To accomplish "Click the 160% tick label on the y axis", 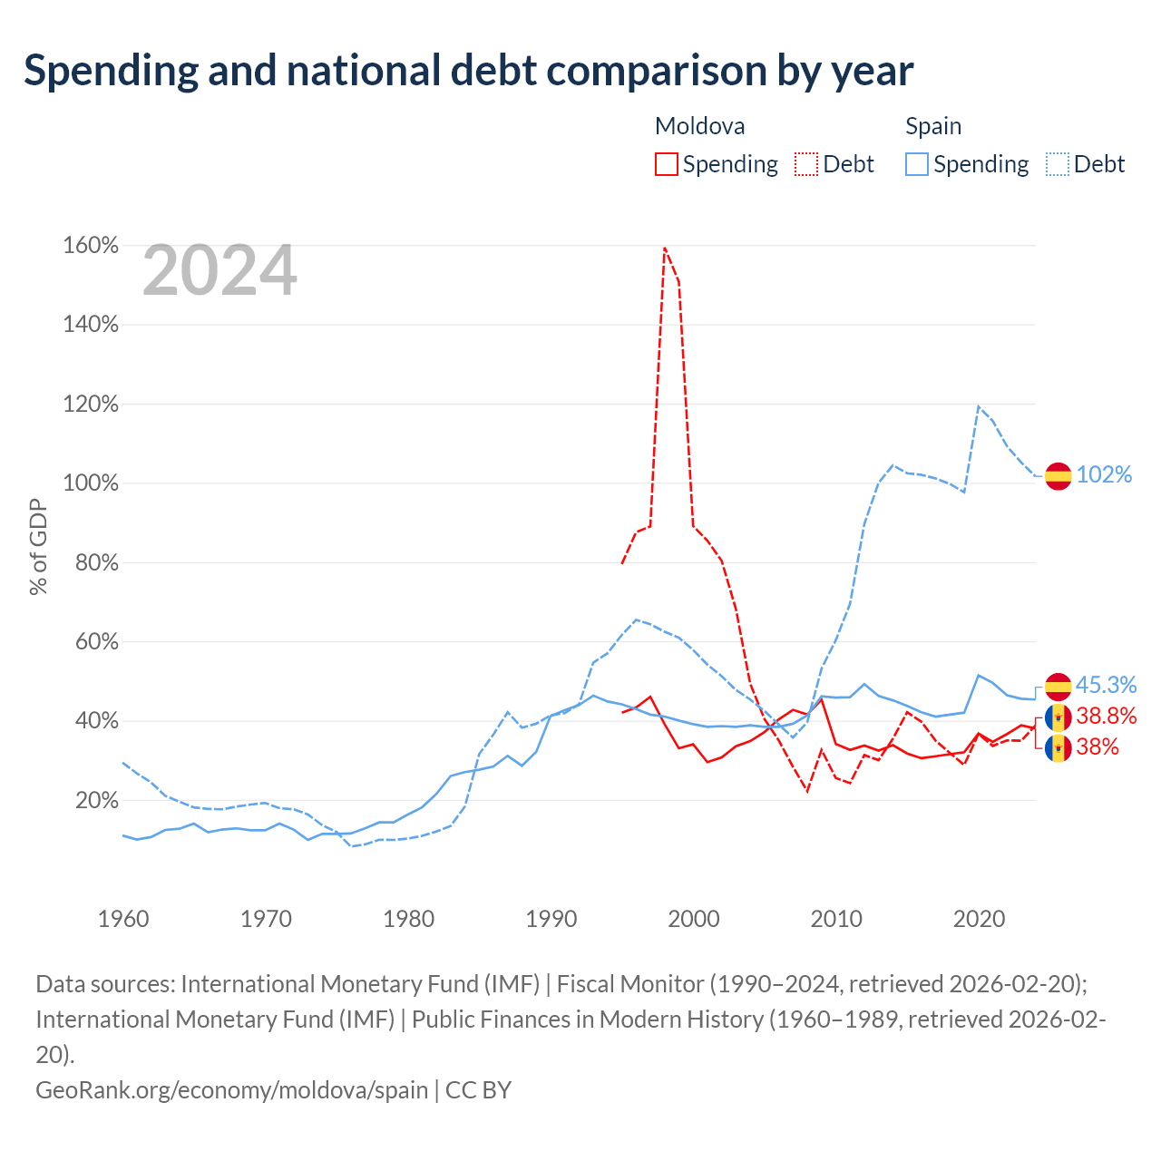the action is (x=91, y=245).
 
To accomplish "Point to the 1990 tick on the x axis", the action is (x=551, y=920).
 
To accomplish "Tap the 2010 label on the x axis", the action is (x=835, y=920).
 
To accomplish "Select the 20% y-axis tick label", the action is (x=96, y=800).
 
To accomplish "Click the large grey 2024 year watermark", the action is (x=220, y=270).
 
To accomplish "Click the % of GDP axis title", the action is (x=38, y=546).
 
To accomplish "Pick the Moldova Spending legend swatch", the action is (x=667, y=164).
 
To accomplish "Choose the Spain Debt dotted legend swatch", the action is (x=1058, y=164).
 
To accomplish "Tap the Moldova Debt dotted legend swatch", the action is (x=806, y=164).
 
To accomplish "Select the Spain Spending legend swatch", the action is (x=917, y=164).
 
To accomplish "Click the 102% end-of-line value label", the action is (x=1104, y=474).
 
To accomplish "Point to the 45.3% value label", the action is (x=1106, y=685).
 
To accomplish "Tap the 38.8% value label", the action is (x=1107, y=716).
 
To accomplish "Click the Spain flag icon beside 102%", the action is (x=1058, y=476).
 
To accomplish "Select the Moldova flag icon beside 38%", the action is (x=1058, y=748).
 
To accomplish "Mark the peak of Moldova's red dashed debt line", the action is (x=665, y=247).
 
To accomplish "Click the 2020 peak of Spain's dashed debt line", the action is (x=978, y=406).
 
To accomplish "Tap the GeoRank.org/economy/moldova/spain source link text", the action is (x=232, y=1090).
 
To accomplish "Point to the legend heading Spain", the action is (x=933, y=126).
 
